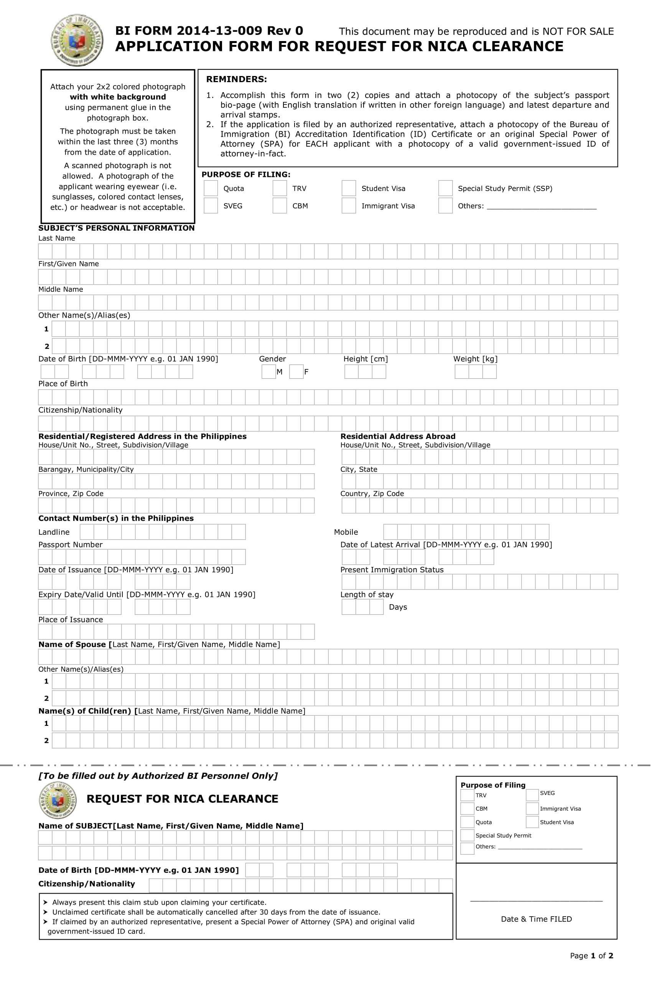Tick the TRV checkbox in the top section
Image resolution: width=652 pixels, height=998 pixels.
[x=280, y=188]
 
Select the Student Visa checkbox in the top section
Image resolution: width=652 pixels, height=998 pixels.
[x=348, y=188]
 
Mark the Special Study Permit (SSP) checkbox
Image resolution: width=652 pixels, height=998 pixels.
[x=445, y=188]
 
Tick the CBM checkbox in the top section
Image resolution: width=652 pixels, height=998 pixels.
[x=280, y=206]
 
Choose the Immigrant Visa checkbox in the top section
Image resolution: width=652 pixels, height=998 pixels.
[x=348, y=206]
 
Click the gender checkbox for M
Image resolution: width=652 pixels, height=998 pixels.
[x=268, y=372]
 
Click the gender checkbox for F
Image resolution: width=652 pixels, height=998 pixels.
[x=296, y=372]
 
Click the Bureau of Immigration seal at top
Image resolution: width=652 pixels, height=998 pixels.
[x=77, y=40]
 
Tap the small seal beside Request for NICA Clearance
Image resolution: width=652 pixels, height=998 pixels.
[x=58, y=800]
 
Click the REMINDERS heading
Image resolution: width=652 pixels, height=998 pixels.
[x=236, y=79]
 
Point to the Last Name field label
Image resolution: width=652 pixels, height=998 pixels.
[x=56, y=238]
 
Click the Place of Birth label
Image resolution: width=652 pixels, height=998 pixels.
[x=63, y=384]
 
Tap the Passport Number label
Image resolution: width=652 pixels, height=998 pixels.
[x=71, y=545]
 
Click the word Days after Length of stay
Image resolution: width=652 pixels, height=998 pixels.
[x=398, y=607]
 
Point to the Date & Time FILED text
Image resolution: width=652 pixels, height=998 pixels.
[x=536, y=919]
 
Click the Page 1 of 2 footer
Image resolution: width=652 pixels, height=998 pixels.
[x=591, y=956]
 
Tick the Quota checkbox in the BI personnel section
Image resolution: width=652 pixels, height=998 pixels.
[x=467, y=822]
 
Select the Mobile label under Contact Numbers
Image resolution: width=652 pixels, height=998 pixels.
[x=346, y=532]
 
